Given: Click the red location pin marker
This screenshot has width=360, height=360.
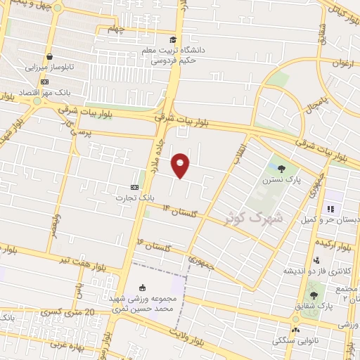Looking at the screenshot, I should (x=181, y=165).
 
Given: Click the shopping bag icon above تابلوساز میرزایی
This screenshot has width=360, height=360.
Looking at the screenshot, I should (x=50, y=57).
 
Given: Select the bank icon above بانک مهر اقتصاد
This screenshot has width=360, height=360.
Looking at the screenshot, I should (x=45, y=82).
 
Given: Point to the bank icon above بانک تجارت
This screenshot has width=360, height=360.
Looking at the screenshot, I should (x=134, y=187).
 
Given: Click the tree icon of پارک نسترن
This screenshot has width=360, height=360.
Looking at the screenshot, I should (x=282, y=168).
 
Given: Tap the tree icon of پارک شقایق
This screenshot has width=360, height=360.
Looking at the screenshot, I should (x=313, y=295).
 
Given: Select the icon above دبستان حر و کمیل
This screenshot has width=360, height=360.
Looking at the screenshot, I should (x=330, y=209).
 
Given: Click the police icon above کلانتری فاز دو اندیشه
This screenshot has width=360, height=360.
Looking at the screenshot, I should (x=316, y=260).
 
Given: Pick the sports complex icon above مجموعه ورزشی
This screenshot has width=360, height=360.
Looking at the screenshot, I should (x=143, y=288).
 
